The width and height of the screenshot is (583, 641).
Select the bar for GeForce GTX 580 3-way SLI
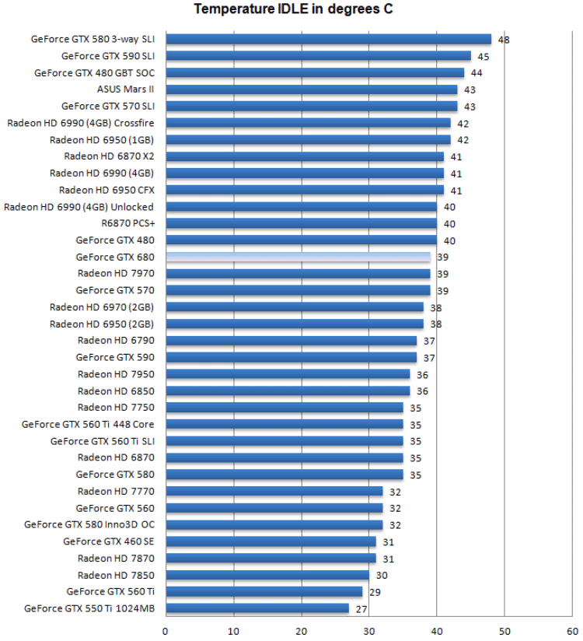(x=328, y=39)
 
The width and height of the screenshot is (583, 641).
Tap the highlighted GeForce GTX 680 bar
(x=298, y=257)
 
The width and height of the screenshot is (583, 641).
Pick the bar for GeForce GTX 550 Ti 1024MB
(x=257, y=608)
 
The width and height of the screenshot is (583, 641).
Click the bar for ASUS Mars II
(x=311, y=89)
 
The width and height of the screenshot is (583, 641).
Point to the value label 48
(x=504, y=40)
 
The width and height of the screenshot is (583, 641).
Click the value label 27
(x=361, y=609)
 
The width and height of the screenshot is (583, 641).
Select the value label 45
(x=484, y=56)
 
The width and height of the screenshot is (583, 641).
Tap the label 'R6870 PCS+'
(x=127, y=223)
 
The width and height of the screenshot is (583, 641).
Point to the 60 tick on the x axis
(x=572, y=630)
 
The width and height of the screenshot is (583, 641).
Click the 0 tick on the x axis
(x=166, y=630)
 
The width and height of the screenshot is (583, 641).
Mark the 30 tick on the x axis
(x=369, y=630)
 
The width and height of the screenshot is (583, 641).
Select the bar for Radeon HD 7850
(x=267, y=575)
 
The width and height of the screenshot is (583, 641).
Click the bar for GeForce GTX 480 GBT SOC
(x=315, y=72)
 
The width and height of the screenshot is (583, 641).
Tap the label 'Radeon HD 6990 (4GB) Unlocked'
(x=79, y=207)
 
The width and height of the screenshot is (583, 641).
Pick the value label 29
(x=375, y=592)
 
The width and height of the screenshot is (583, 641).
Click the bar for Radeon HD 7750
(x=285, y=408)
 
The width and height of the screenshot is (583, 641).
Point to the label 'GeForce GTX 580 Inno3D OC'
(x=89, y=524)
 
